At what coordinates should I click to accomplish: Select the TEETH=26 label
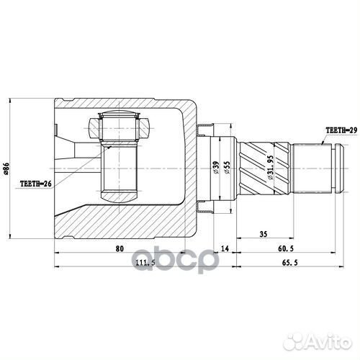tap(35, 184)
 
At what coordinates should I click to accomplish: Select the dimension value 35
tap(263, 235)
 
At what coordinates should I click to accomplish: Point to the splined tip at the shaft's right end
tap(328, 168)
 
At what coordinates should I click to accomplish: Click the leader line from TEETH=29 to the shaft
tap(315, 139)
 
